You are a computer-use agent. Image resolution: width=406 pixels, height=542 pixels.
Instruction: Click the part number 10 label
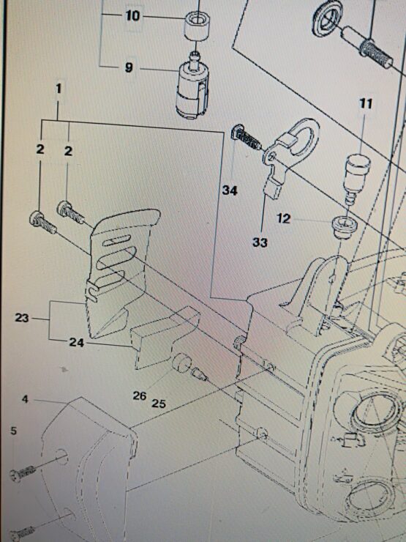[x=133, y=16]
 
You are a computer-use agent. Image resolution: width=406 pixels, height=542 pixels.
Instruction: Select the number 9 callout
[x=129, y=67]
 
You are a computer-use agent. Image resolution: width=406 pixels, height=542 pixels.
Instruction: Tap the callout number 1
[x=59, y=89]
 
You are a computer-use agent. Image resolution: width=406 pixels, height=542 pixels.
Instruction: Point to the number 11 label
[x=366, y=103]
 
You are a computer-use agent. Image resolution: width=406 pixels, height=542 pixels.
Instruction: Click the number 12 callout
[x=283, y=218]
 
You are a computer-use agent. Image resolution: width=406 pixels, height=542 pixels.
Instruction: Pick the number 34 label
[x=230, y=190]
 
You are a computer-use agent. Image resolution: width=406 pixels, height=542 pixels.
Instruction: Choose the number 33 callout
[x=260, y=242]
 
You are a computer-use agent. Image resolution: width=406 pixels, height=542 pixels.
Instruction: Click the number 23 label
[x=22, y=318]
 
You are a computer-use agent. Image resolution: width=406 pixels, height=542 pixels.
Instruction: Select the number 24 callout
[x=77, y=343]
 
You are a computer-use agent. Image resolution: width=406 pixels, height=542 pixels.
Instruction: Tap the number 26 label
[x=140, y=396]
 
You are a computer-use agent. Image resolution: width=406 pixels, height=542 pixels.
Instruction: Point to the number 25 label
[x=159, y=403]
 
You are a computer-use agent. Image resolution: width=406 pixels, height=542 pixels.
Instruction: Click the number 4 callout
[x=25, y=399]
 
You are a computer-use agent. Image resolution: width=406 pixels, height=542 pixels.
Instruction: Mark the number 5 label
[x=13, y=431]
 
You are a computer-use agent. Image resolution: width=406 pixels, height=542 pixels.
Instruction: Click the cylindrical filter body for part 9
[x=190, y=92]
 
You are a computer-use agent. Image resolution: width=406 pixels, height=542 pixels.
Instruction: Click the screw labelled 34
[x=246, y=137]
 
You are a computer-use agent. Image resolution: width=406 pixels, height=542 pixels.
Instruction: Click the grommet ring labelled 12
[x=345, y=227]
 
